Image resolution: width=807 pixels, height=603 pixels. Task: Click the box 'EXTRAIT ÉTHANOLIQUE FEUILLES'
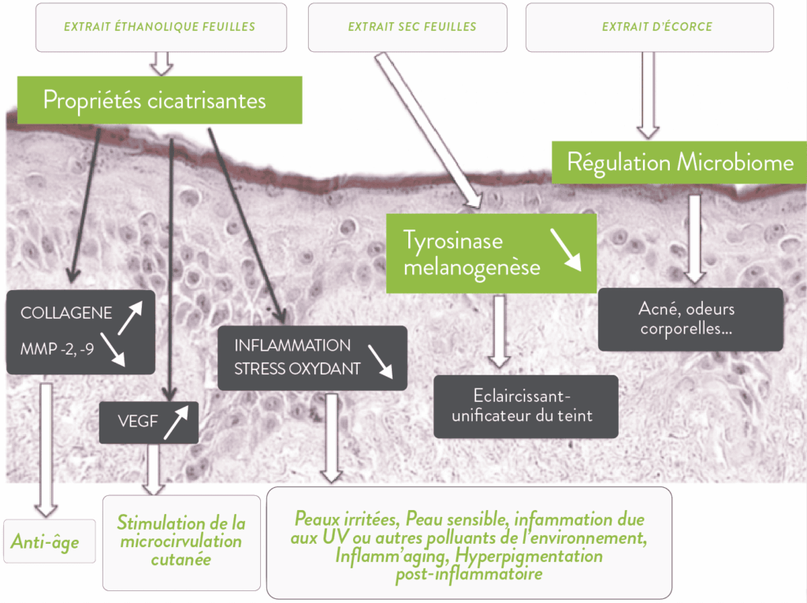tap(160, 27)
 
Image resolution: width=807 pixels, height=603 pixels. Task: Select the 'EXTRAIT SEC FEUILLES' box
tap(412, 27)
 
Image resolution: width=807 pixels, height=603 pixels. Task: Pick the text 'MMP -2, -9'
tap(57, 347)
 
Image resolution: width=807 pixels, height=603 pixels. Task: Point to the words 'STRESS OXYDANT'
tap(297, 368)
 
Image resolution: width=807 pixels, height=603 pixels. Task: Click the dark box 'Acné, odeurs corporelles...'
tap(691, 319)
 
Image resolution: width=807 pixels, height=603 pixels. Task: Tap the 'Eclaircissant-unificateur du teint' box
tap(526, 406)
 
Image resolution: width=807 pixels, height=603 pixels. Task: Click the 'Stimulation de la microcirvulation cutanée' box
tap(181, 542)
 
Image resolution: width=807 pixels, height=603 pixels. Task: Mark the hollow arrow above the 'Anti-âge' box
tap(46, 449)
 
